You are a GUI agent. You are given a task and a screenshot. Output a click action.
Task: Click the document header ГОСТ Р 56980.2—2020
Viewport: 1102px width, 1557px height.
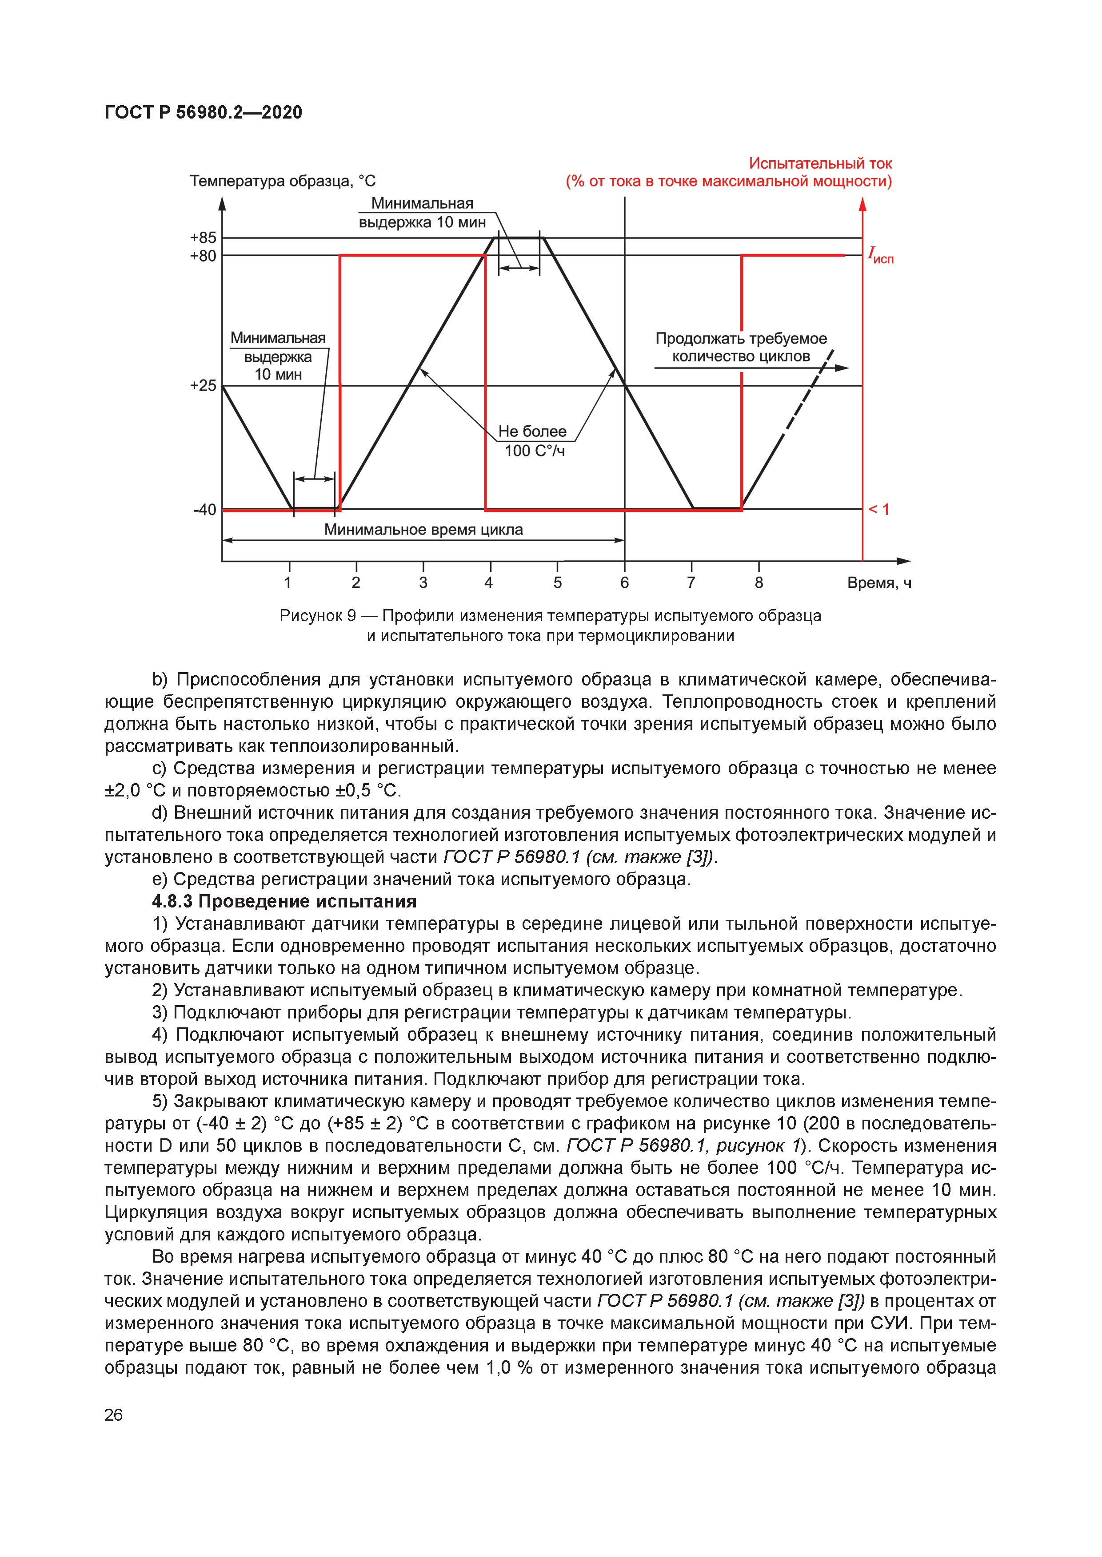[203, 113]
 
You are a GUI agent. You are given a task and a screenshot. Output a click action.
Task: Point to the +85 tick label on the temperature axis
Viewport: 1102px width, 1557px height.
[203, 238]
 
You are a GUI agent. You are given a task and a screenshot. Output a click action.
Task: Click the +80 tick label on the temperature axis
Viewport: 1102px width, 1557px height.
[203, 256]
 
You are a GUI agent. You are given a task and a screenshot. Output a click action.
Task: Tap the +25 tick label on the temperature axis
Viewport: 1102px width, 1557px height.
[203, 385]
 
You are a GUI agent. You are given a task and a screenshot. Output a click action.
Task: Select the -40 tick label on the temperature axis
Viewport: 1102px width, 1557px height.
[204, 509]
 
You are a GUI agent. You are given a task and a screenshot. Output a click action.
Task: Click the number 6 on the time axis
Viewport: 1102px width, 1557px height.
[624, 582]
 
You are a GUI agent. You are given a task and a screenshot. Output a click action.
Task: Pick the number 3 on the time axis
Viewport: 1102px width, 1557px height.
[423, 582]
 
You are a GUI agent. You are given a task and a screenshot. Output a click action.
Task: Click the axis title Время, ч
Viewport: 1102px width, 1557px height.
[879, 582]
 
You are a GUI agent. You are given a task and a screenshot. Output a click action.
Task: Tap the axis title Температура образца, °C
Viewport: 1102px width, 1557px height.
[282, 181]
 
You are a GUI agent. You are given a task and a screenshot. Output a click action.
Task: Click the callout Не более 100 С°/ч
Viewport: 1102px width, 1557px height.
[533, 441]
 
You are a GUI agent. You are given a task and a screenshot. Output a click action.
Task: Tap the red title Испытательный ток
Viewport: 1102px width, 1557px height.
[820, 163]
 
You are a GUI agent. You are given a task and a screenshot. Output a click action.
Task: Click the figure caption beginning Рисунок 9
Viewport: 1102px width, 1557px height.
[550, 625]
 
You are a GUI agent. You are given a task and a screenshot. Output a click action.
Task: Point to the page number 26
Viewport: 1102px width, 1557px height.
[113, 1414]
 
